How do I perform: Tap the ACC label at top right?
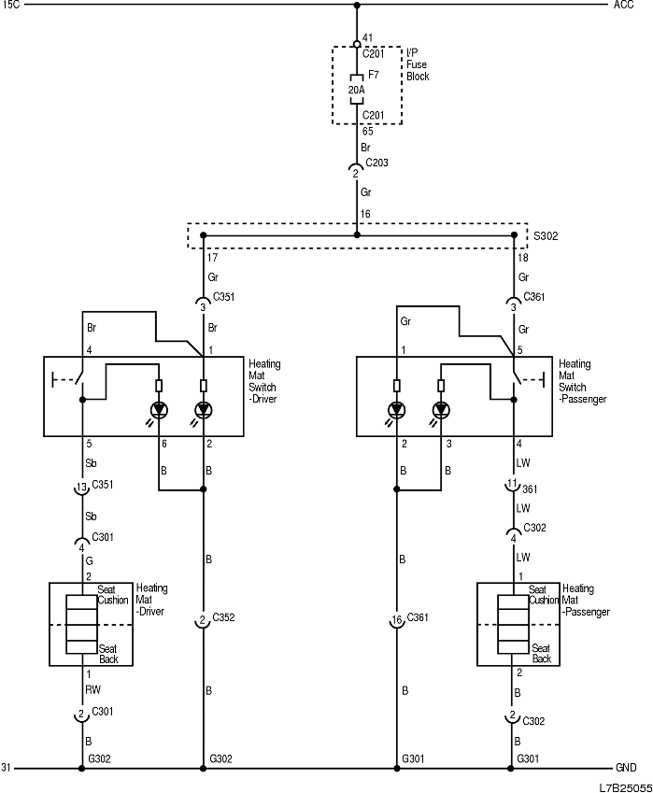click(x=623, y=6)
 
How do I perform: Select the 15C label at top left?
click(x=10, y=6)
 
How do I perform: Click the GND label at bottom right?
click(x=626, y=768)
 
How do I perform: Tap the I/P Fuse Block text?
click(x=418, y=64)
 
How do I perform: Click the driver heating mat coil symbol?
click(x=81, y=624)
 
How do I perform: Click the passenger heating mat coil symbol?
click(x=513, y=624)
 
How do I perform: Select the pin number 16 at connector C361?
click(x=396, y=620)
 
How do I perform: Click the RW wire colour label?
click(x=92, y=690)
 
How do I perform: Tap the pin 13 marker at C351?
click(x=82, y=488)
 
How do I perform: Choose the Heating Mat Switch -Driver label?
click(x=264, y=381)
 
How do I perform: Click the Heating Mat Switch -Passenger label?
click(x=581, y=381)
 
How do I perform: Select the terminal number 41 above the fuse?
click(x=367, y=39)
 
